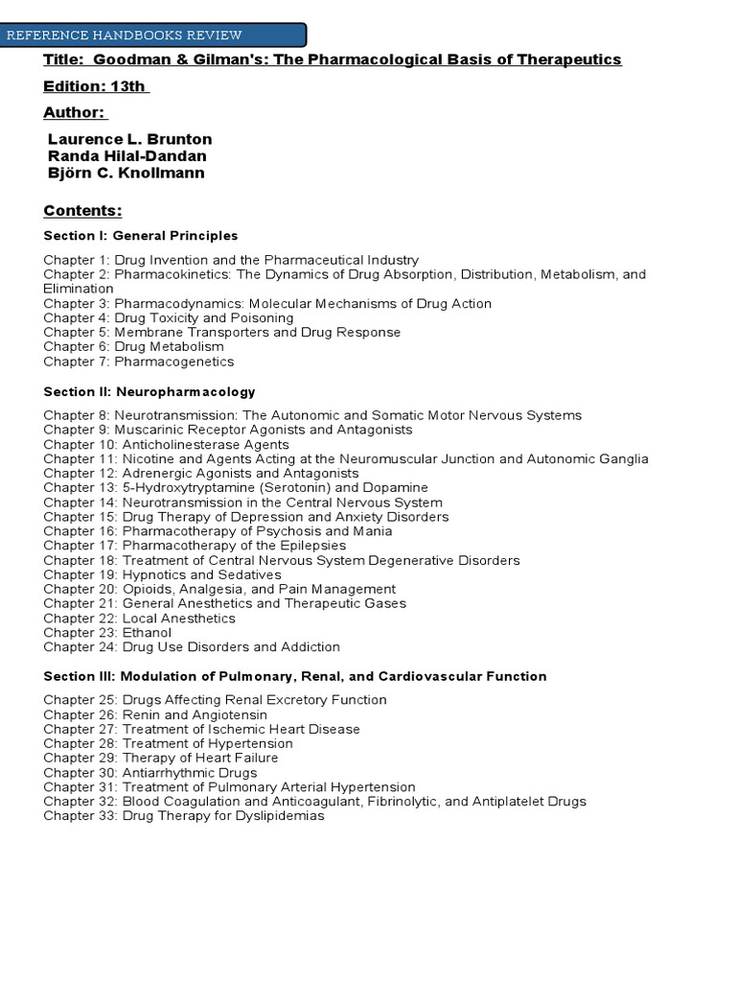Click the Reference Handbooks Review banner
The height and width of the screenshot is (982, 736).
pyautogui.click(x=153, y=35)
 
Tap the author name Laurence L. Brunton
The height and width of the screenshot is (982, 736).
pyautogui.click(x=129, y=139)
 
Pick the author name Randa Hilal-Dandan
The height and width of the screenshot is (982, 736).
pyautogui.click(x=126, y=156)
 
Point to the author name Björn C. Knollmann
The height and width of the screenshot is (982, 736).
pyautogui.click(x=126, y=173)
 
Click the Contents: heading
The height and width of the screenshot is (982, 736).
pyautogui.click(x=82, y=211)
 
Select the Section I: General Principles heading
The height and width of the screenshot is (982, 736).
pyautogui.click(x=140, y=236)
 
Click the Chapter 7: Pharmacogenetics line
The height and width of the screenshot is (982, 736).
pyautogui.click(x=138, y=362)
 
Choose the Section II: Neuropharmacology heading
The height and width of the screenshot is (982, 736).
pyautogui.click(x=149, y=392)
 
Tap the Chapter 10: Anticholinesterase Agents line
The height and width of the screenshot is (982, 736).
pyautogui.click(x=166, y=445)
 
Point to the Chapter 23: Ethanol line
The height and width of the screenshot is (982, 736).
pyautogui.click(x=107, y=633)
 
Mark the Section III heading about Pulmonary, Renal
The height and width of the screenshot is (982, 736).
pyautogui.click(x=295, y=677)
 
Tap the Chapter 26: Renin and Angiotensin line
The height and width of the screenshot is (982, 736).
pyautogui.click(x=154, y=714)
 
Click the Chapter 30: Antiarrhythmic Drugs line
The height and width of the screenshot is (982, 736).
pyautogui.click(x=149, y=772)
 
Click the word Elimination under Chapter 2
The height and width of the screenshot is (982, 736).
pyautogui.click(x=79, y=288)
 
